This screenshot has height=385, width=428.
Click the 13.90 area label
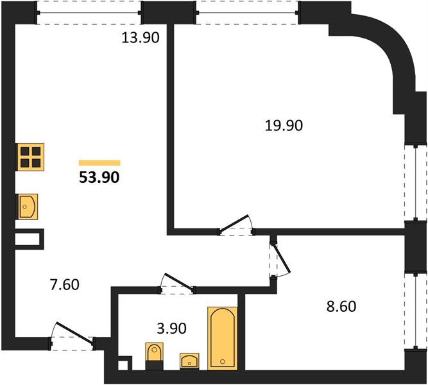coord(141,38)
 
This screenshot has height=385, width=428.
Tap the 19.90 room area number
coord(284,126)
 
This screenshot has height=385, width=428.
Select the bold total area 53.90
coord(99,177)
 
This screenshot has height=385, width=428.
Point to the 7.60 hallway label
coord(65,284)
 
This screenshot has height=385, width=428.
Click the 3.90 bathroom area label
coord(172,328)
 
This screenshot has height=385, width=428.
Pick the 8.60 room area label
coord(341,306)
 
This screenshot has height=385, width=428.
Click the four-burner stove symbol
coord(30,157)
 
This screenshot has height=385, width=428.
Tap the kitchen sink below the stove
coord(28,207)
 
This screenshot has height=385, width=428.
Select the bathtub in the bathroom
coord(223,338)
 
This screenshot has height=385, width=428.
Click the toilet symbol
coord(155,356)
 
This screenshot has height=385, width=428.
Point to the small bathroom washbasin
coord(189,361)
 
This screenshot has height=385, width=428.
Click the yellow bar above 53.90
coord(99,163)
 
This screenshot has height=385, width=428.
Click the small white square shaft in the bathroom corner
coord(123,365)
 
